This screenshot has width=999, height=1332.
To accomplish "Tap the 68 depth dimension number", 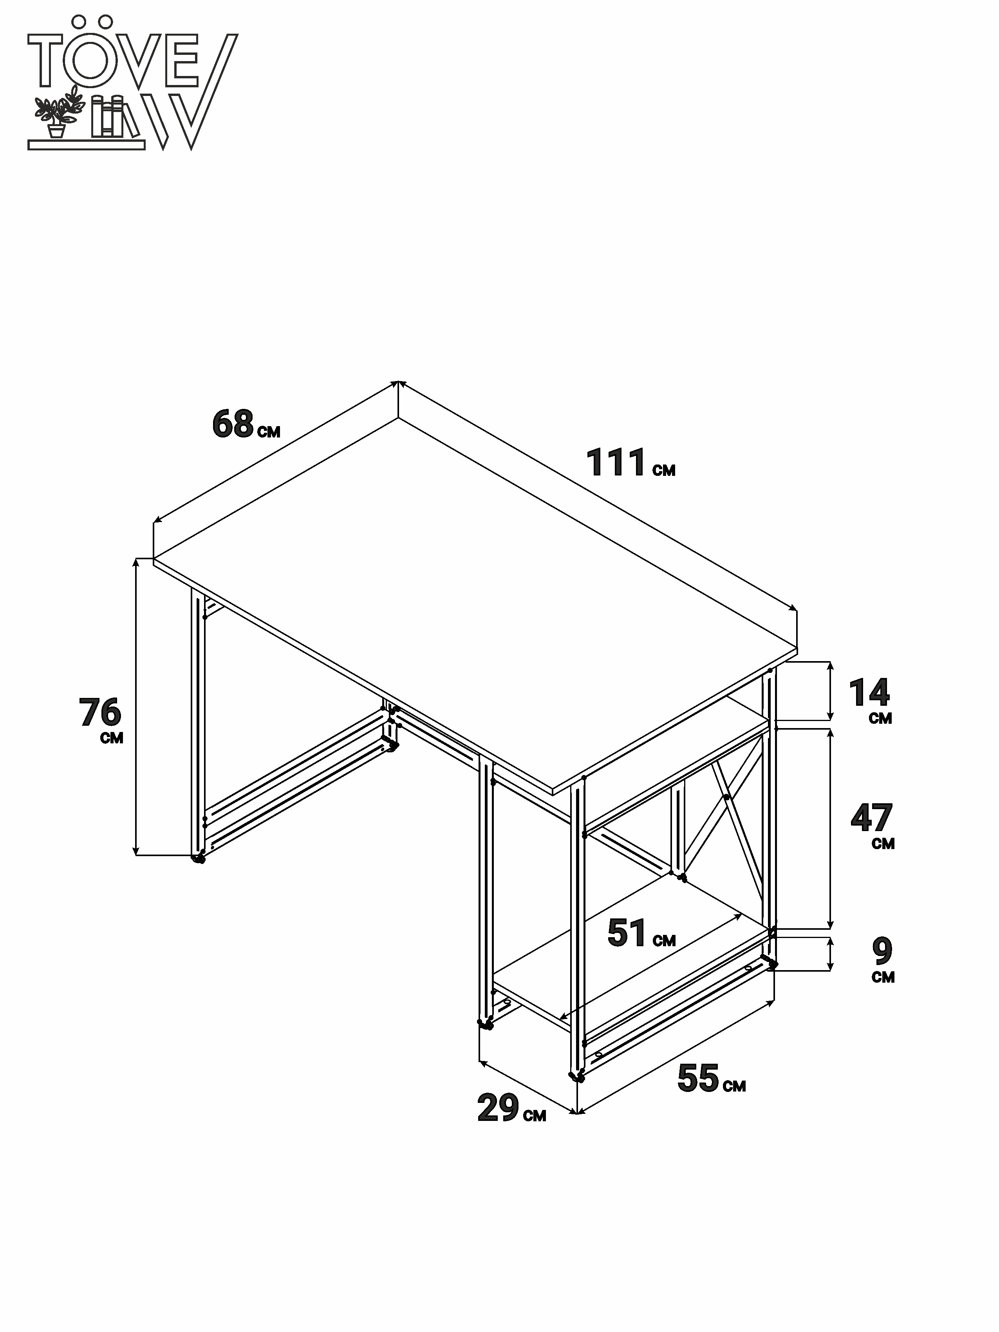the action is (x=233, y=423).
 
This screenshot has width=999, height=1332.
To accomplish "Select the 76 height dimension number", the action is (x=100, y=712).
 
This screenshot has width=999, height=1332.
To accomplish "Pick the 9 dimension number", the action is (x=882, y=951).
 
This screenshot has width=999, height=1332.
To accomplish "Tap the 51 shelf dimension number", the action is (x=627, y=933).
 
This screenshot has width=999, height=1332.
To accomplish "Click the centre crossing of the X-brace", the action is (x=727, y=797).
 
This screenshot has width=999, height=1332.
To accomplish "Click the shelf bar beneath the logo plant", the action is (x=86, y=145).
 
